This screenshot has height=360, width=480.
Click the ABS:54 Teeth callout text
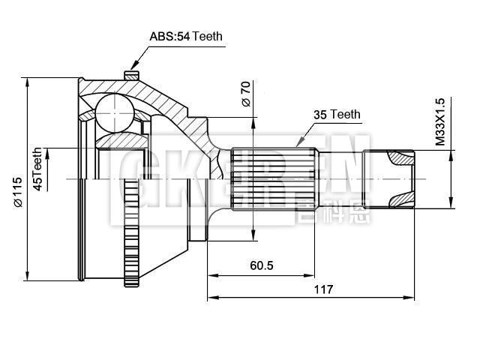click(x=186, y=36)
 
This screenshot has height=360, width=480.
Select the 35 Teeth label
click(x=337, y=115)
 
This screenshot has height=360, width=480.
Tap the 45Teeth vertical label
click(x=37, y=169)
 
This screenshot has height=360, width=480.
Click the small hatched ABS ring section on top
click(x=131, y=75)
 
